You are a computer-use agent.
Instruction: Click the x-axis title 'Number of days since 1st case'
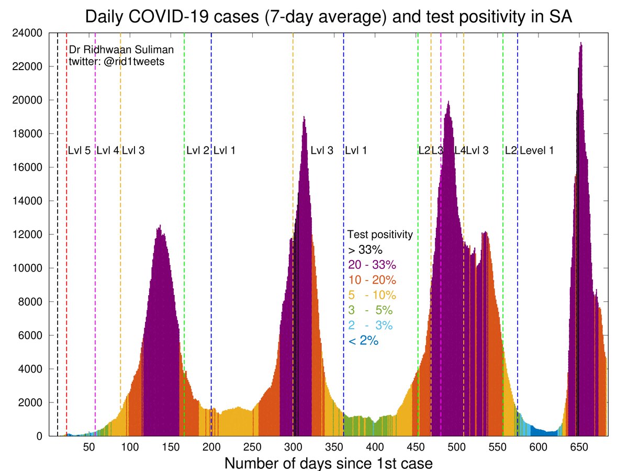click(329, 463)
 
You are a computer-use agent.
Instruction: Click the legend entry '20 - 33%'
click(372, 265)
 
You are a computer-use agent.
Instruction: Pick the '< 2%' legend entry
click(363, 341)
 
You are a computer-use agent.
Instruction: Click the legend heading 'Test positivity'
click(380, 234)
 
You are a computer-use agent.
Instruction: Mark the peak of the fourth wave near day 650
click(581, 43)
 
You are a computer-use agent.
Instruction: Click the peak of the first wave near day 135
click(159, 226)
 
